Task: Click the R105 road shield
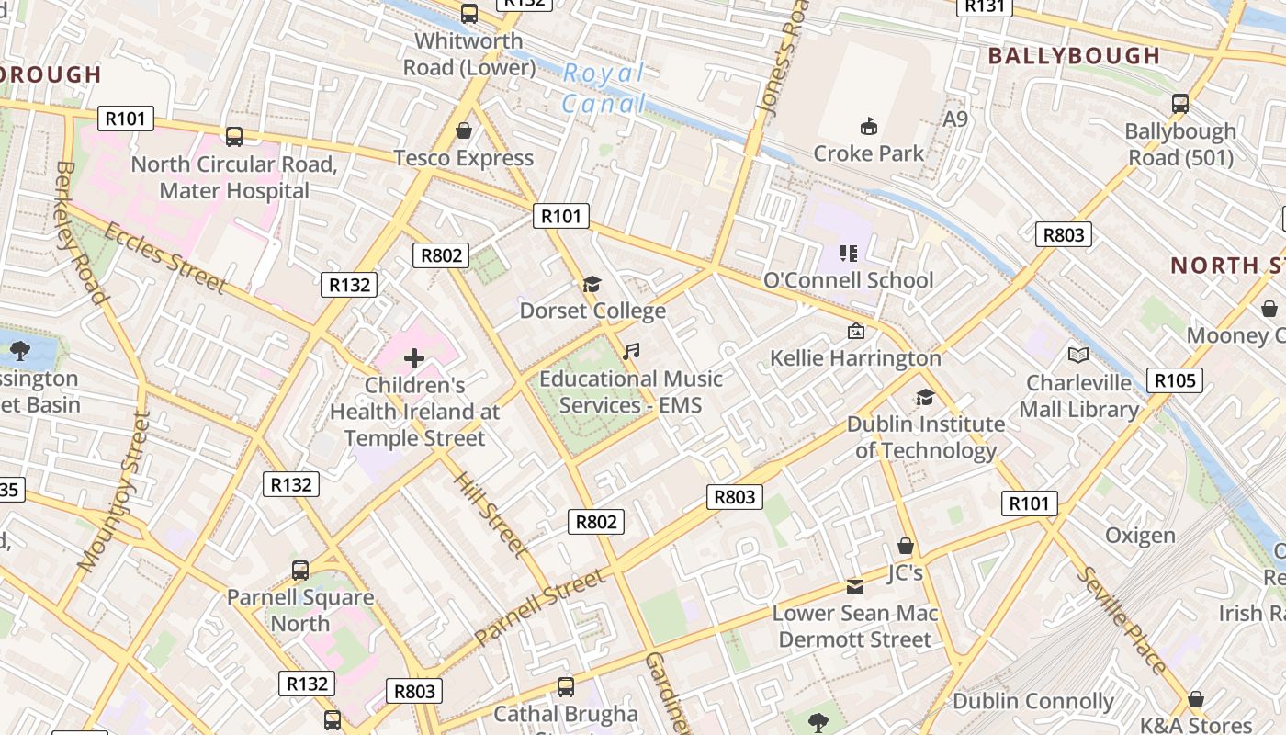(x=1174, y=380)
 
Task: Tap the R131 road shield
(x=984, y=6)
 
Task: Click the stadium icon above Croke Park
(x=868, y=125)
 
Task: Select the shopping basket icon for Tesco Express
(x=464, y=130)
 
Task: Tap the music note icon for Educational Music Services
(x=630, y=351)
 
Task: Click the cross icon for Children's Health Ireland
(x=414, y=357)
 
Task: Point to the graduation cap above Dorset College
(x=592, y=284)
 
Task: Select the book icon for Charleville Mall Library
(x=1078, y=355)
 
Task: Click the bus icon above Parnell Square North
(x=300, y=570)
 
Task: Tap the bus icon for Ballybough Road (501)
(x=1180, y=104)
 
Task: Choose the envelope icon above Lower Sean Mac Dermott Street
(x=855, y=586)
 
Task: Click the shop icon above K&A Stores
(x=1196, y=699)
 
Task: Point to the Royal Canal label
(x=604, y=88)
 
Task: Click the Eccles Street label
(x=165, y=257)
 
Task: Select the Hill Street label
(x=491, y=515)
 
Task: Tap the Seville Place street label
(x=1122, y=620)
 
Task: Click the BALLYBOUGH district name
(x=1074, y=55)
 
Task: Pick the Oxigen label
(x=1140, y=535)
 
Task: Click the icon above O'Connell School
(x=848, y=253)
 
